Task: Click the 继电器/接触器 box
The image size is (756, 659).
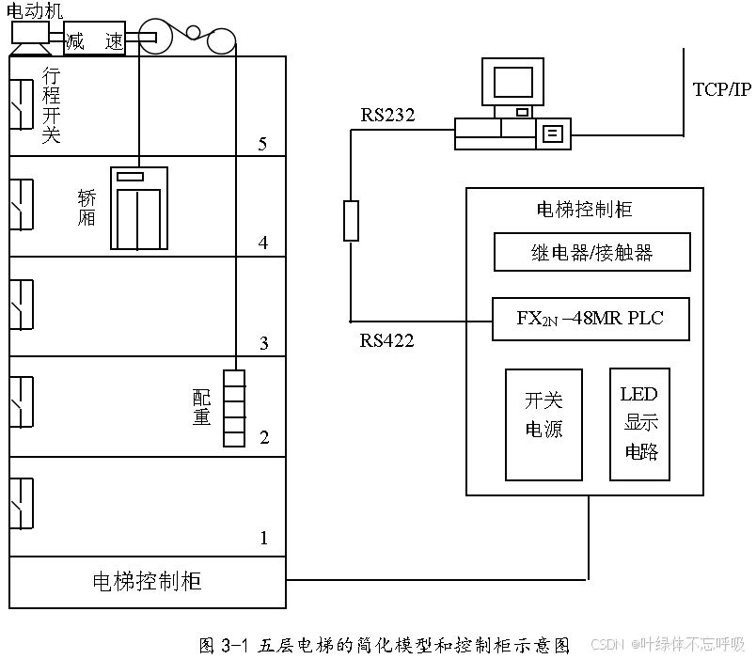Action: point(591,252)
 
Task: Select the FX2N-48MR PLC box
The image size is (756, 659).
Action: point(591,319)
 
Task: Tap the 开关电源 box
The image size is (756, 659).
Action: point(543,424)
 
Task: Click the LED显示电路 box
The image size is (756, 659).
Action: point(639,423)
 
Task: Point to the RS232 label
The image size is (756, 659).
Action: point(387,115)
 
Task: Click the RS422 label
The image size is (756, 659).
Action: point(386,340)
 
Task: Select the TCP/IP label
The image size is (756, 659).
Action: point(722,90)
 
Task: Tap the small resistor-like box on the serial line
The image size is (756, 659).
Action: point(351,220)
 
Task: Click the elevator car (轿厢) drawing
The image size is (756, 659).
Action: point(138,208)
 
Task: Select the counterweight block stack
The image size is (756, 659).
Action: point(233,408)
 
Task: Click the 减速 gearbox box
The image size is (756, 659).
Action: point(94,40)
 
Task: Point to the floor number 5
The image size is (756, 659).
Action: point(263,144)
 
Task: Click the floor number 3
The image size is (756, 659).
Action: point(263,343)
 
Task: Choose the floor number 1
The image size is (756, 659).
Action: point(263,539)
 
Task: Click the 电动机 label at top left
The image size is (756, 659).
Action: point(35,10)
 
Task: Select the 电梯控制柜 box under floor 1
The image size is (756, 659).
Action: point(147,582)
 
